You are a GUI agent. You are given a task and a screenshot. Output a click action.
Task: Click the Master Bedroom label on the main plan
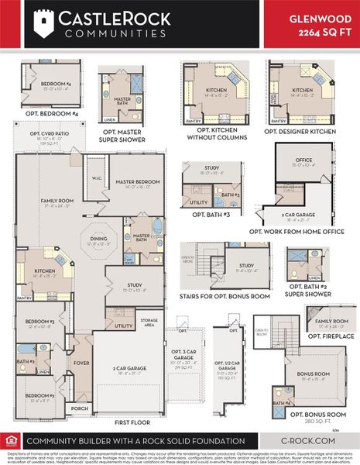coord(138,181)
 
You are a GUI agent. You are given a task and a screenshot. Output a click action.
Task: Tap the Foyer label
coord(81,361)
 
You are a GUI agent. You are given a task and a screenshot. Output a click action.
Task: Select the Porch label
coord(78,408)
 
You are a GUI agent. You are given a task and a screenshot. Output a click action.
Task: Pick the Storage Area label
coord(149,320)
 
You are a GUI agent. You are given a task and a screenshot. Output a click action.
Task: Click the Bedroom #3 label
coord(39,321)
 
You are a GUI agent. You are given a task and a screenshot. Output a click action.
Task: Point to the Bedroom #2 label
coord(39,396)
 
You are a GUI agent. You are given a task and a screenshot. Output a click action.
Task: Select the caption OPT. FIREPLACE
coord(331,336)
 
